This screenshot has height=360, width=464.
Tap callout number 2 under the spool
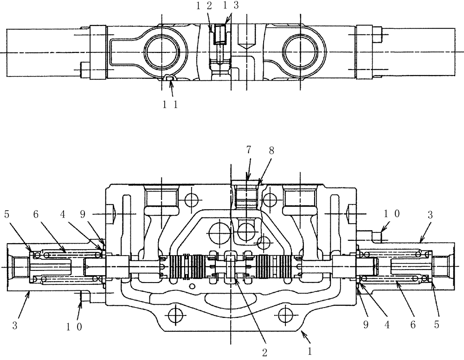tap(264, 352)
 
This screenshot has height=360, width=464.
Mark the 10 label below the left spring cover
tap(74, 326)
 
